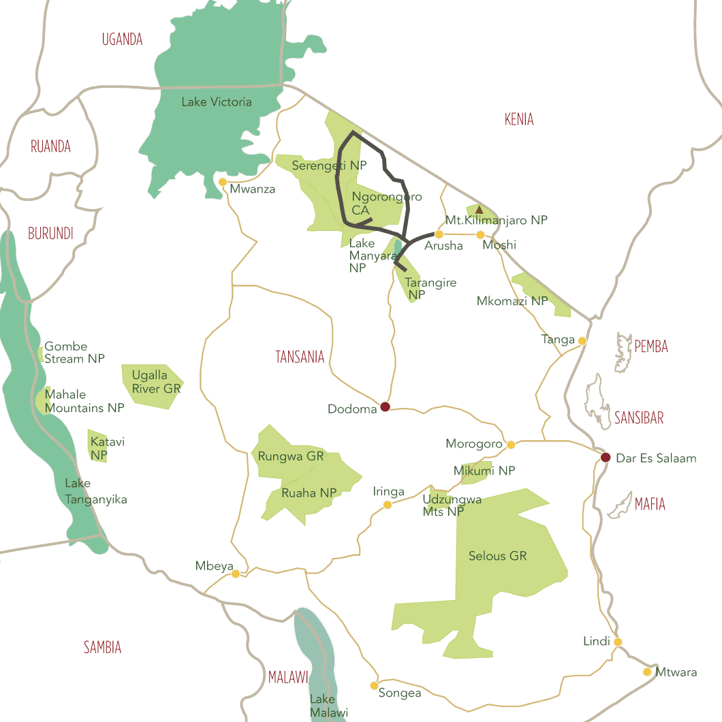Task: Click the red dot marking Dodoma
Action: tap(385, 407)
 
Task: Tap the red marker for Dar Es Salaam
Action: tap(606, 457)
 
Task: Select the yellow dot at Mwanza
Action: tap(223, 182)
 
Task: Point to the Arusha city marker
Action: tap(439, 234)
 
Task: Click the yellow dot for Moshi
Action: tap(480, 235)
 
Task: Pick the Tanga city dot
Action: tap(582, 341)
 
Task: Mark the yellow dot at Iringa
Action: tap(388, 505)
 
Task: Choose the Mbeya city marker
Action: tap(236, 574)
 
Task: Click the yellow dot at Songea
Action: tap(374, 685)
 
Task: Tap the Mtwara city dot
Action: tap(647, 672)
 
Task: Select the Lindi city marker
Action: tap(618, 642)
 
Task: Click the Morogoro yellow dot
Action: tap(511, 445)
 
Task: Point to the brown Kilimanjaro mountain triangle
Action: tap(479, 210)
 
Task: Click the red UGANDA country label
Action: tap(122, 40)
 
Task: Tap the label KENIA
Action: tap(519, 120)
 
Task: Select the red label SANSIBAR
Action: tap(638, 418)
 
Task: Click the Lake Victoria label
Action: tap(217, 102)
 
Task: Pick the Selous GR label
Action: tap(498, 556)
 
